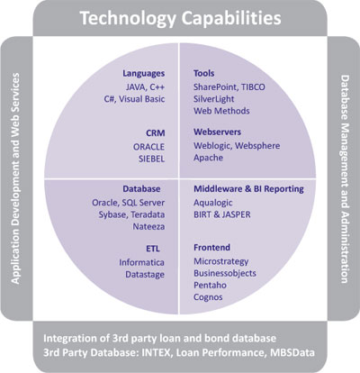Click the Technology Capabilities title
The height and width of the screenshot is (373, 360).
[181, 18]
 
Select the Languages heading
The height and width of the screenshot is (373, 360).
[144, 74]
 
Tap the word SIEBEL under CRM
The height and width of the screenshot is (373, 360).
[151, 159]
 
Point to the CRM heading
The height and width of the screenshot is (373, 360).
[156, 133]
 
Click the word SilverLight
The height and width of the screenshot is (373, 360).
[213, 99]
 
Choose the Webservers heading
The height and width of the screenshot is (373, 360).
[217, 132]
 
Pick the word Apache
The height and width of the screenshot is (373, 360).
[208, 158]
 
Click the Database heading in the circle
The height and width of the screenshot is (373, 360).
[141, 189]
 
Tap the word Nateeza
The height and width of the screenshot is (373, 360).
[148, 227]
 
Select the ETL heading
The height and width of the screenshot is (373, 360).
[153, 249]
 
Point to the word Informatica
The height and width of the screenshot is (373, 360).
[141, 262]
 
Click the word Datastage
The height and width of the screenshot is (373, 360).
[145, 275]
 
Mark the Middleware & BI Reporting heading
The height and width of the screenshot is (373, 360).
[248, 189]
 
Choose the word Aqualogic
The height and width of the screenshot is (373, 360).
[213, 203]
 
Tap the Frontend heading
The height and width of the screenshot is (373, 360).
[211, 248]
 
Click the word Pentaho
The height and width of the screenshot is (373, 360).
[210, 285]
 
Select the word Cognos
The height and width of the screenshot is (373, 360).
[208, 297]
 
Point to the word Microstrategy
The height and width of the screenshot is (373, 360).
[221, 261]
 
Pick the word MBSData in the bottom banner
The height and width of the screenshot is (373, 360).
[292, 352]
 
